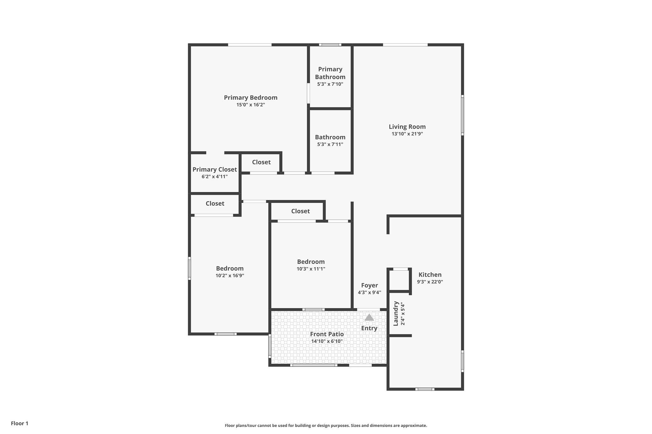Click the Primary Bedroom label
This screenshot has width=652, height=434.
(x=251, y=98)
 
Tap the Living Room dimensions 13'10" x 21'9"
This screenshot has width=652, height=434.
(x=407, y=134)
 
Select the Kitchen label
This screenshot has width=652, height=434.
(x=430, y=275)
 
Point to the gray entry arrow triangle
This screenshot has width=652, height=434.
(x=369, y=317)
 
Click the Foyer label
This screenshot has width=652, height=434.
(x=369, y=286)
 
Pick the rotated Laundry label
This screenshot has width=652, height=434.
(x=396, y=313)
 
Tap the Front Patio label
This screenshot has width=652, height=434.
(x=327, y=334)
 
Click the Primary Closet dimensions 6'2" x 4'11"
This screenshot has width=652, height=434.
(x=215, y=177)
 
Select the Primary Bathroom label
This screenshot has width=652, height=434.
(x=330, y=73)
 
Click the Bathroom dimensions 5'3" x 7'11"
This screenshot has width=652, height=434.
(x=330, y=144)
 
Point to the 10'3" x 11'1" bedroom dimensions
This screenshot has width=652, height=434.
(x=311, y=269)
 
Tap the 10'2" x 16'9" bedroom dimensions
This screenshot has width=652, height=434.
(x=230, y=276)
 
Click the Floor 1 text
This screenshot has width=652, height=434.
(x=20, y=424)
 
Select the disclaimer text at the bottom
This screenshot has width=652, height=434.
(x=326, y=425)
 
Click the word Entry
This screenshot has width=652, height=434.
(x=369, y=328)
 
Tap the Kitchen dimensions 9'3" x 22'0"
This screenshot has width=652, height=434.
(x=430, y=282)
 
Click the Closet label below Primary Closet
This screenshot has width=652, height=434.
(x=215, y=203)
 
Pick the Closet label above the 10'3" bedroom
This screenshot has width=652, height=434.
(x=300, y=211)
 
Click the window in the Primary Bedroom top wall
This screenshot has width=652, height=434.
(x=250, y=45)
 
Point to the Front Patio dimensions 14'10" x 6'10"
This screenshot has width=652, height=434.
(x=327, y=341)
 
